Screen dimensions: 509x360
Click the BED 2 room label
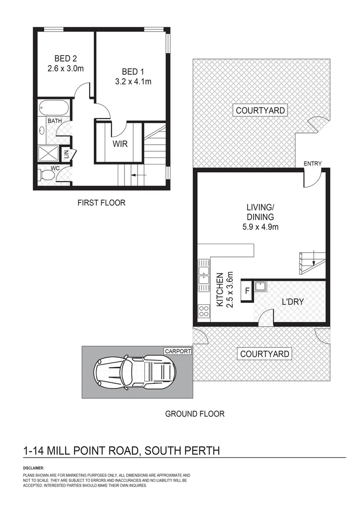click(65, 59)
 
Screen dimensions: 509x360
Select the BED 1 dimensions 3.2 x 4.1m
click(133, 81)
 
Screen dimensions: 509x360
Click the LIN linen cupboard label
click(66, 153)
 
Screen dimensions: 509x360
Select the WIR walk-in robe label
click(120, 144)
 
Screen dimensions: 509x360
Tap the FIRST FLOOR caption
click(101, 203)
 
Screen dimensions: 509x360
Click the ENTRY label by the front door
click(312, 164)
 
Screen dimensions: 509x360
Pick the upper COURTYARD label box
click(260, 111)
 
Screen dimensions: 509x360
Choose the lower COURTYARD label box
click(265, 354)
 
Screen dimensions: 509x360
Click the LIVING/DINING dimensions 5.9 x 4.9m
click(260, 227)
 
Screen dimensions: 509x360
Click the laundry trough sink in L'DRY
click(261, 286)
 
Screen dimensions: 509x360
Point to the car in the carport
click(134, 372)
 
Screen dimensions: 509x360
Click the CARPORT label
click(178, 351)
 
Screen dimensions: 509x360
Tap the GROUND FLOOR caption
click(195, 414)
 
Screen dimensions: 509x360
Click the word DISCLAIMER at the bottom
click(33, 468)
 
